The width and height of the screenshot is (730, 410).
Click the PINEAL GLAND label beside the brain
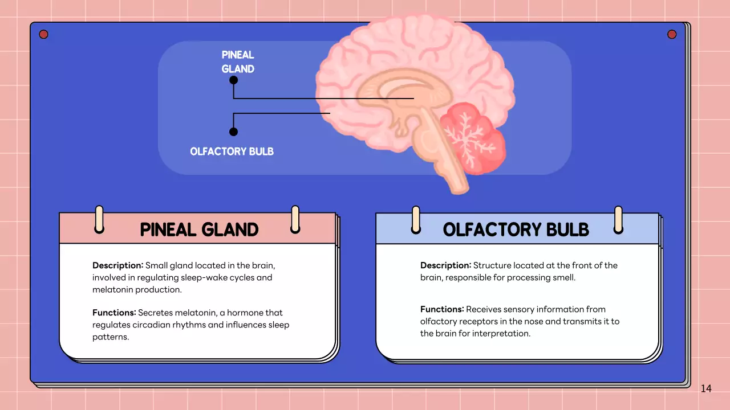click(238, 61)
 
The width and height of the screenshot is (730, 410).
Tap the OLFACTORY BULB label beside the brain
click(232, 151)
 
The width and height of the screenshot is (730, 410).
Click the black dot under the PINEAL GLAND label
click(233, 80)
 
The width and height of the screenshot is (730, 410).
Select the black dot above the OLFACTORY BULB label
click(233, 132)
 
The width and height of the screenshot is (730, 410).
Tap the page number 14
click(706, 388)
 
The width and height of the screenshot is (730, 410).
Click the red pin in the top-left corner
click(44, 34)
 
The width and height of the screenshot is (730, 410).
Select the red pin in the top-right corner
click(672, 34)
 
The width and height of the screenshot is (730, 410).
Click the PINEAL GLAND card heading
click(199, 229)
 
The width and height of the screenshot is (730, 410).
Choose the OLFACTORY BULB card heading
click(516, 229)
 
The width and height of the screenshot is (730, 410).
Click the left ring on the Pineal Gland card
click(99, 219)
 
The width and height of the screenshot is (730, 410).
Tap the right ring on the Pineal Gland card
click(295, 219)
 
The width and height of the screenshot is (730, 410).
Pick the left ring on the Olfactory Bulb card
click(416, 220)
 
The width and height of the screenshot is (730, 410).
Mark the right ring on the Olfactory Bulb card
click(618, 220)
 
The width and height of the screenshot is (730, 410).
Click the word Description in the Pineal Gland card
click(117, 265)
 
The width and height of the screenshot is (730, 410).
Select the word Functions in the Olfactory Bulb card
click(442, 309)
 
